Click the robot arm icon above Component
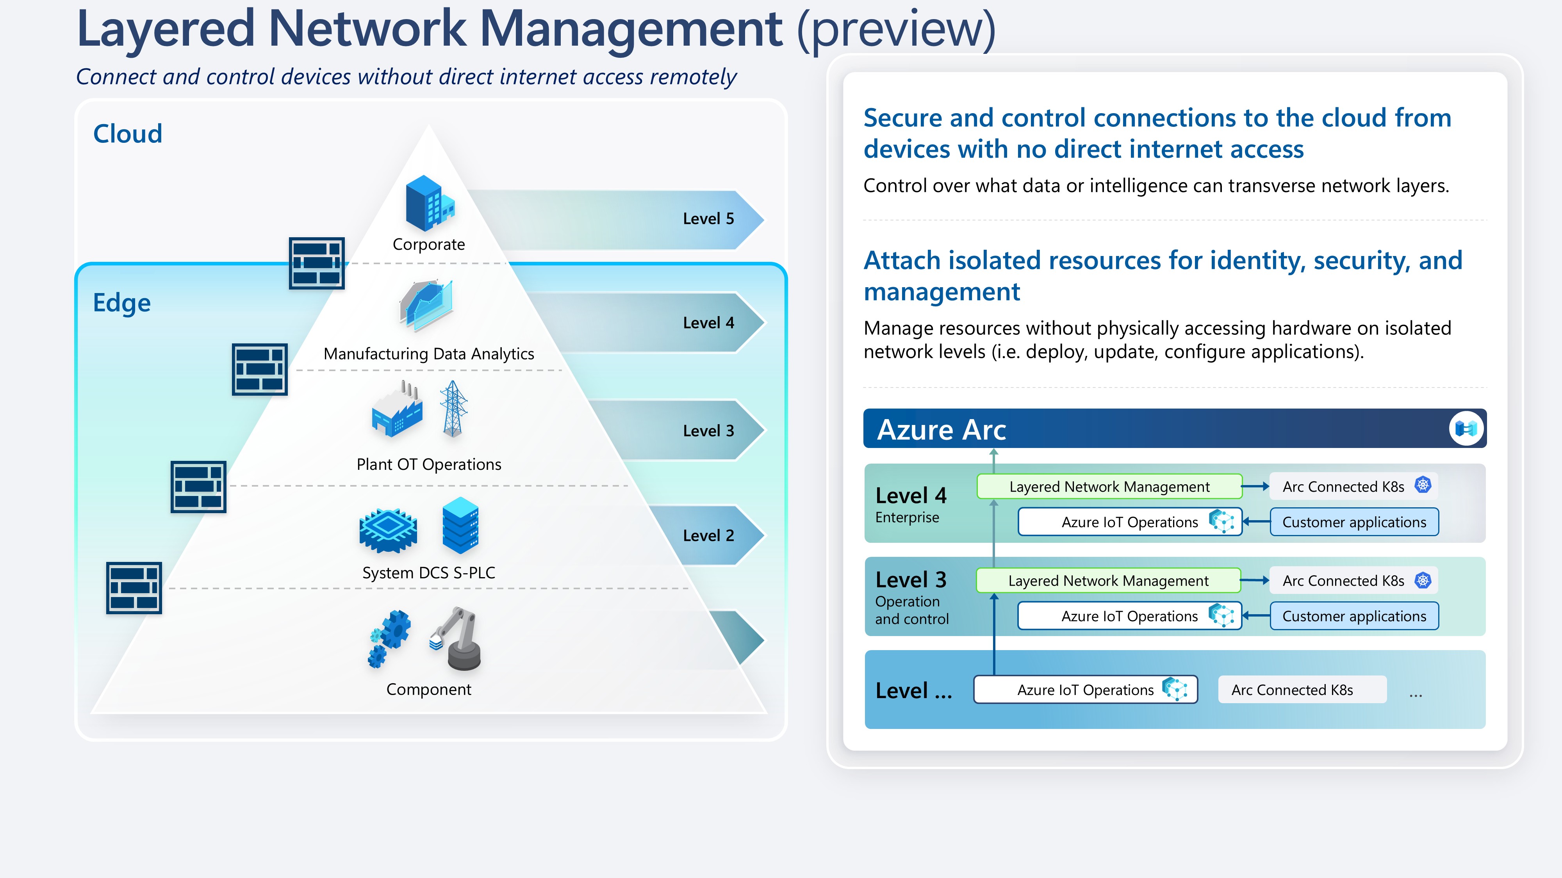[457, 639]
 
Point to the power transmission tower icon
[453, 409]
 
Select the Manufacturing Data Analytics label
[429, 354]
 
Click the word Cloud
[127, 134]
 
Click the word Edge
[121, 303]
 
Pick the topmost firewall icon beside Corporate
[317, 263]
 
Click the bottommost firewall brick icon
[134, 588]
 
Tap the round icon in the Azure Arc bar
[1466, 429]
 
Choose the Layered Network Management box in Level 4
[1109, 487]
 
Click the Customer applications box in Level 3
[1354, 616]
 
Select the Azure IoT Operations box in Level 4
[1130, 523]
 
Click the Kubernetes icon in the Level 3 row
[1423, 581]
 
